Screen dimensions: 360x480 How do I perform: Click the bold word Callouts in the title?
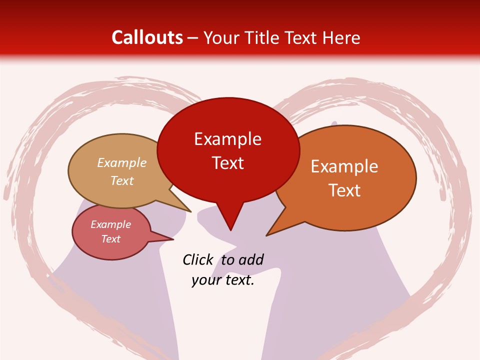[147, 37]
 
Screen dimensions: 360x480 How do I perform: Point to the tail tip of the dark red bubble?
[230, 229]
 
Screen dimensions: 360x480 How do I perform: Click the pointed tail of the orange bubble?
[268, 234]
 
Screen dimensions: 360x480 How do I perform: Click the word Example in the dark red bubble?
[227, 139]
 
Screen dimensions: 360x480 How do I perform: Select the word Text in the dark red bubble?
[227, 163]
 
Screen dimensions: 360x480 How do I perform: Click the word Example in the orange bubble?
[344, 166]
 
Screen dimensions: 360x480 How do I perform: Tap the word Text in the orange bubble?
[344, 190]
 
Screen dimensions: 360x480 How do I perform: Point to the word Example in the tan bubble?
[122, 163]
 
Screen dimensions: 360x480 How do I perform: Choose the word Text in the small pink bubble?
[111, 239]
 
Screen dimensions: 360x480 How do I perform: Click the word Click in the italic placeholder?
[197, 259]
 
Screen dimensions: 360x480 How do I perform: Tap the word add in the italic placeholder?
[251, 259]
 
